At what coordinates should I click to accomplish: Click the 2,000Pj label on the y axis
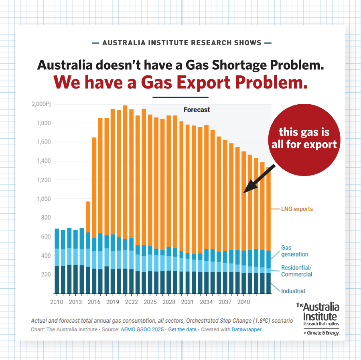point(41,104)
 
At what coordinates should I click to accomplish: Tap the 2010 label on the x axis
point(57,301)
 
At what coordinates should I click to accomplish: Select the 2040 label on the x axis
point(244,301)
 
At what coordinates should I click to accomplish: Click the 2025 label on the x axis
point(150,301)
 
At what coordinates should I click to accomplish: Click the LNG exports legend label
point(297,209)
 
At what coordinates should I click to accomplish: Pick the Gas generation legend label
point(295,251)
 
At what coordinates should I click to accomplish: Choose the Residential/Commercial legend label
point(296,271)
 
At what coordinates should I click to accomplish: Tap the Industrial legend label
point(293,291)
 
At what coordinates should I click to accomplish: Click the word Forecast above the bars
point(197,109)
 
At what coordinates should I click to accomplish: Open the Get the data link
point(183,330)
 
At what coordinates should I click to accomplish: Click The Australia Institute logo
point(318,319)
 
